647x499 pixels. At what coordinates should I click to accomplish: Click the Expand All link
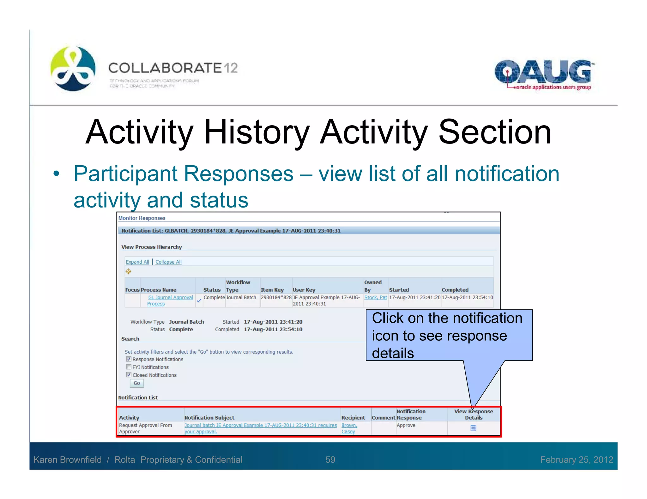coord(137,262)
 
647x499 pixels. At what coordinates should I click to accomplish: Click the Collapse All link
coord(168,262)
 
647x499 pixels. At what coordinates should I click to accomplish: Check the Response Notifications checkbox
coord(129,359)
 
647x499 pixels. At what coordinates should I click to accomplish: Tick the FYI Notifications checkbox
coord(129,367)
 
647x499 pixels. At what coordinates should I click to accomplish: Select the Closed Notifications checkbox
coord(129,375)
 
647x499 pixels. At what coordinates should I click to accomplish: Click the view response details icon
coord(473,428)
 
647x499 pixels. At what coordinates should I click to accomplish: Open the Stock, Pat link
coord(375,297)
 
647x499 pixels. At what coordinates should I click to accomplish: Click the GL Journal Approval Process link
coord(170,297)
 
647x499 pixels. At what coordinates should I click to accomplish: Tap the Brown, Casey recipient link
coord(349,428)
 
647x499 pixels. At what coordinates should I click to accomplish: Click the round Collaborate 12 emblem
coord(73,68)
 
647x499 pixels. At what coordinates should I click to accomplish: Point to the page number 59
coord(330,460)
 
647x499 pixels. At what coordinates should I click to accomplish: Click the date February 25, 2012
coord(576,460)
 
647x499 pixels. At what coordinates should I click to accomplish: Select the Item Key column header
coord(272,290)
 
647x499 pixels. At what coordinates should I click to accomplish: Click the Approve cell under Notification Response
coord(406,425)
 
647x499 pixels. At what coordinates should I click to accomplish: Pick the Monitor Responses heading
coord(142,218)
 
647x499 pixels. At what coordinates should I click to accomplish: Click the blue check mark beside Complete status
coord(199,300)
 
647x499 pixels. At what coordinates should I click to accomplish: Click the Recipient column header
coord(353,418)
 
